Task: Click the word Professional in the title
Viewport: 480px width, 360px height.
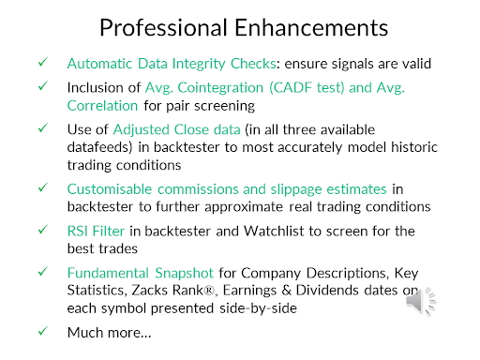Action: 163,28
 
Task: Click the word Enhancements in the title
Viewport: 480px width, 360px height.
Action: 311,28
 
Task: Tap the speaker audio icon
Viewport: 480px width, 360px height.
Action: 421,301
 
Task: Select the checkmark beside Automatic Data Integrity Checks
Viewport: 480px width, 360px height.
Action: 43,62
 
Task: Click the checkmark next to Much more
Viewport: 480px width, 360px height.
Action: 43,331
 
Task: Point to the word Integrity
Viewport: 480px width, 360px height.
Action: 199,64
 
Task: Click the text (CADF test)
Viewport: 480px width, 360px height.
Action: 307,88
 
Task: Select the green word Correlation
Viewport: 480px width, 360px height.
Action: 102,106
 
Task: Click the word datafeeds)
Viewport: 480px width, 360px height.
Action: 99,147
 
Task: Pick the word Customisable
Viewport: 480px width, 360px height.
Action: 110,189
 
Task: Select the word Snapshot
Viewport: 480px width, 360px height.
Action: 185,273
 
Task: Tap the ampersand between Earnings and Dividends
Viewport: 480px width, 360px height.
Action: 287,291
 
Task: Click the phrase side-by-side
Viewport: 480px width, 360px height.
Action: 258,308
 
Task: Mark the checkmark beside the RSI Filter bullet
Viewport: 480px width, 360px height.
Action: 43,230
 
